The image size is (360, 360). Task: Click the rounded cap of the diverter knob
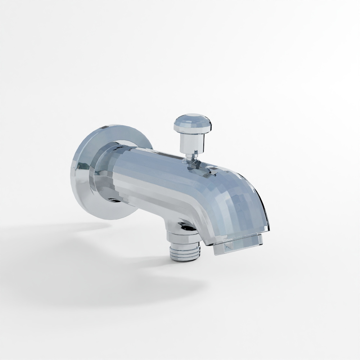pyautogui.click(x=192, y=122)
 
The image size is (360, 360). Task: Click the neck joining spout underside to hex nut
pyautogui.click(x=173, y=225)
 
